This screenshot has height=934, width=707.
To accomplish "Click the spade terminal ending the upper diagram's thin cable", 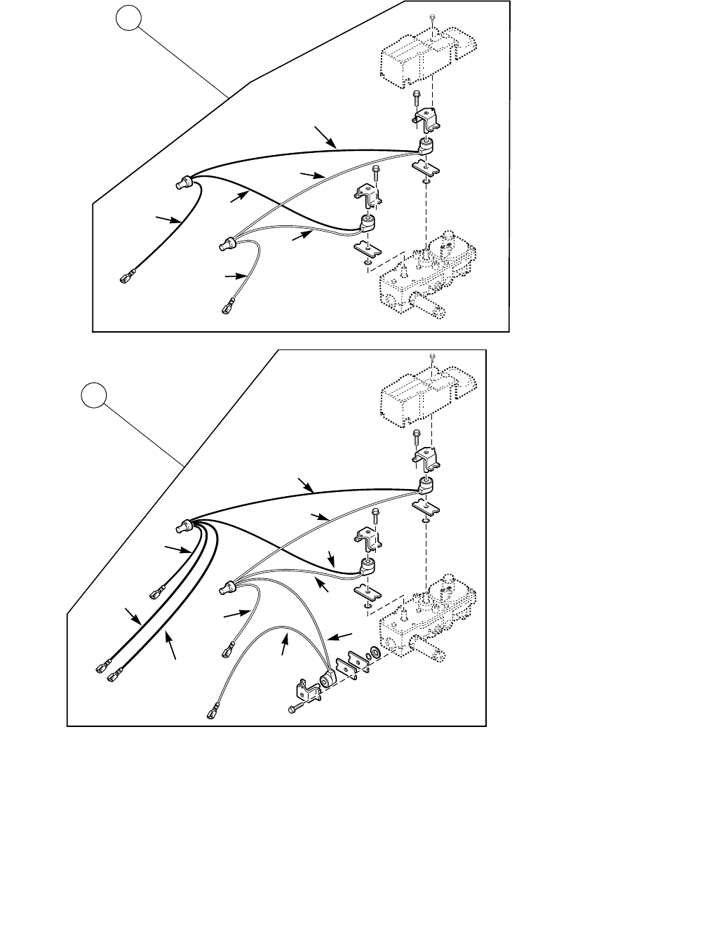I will click(x=229, y=307).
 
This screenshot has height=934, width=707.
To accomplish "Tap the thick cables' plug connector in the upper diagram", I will click(x=184, y=184).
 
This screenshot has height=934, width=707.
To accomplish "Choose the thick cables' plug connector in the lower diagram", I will click(x=186, y=524).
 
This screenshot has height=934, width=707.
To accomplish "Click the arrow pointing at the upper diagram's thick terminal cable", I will click(x=166, y=220).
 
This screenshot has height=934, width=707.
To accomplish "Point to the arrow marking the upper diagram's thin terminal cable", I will click(x=233, y=277).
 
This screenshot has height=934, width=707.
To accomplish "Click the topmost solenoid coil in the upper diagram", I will click(x=426, y=146).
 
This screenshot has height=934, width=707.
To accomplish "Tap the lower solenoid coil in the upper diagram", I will click(x=367, y=223).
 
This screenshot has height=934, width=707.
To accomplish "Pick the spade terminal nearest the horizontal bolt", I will click(x=213, y=712).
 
